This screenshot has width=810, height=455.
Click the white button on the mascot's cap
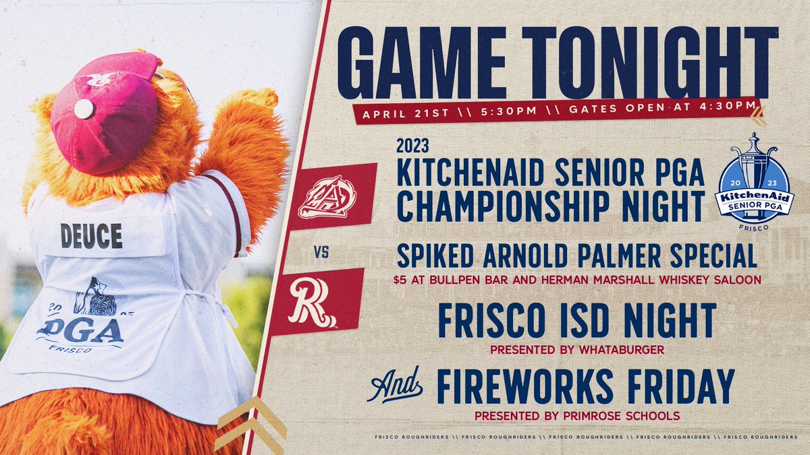pyautogui.click(x=84, y=109)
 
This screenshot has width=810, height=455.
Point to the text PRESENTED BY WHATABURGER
pyautogui.click(x=576, y=351)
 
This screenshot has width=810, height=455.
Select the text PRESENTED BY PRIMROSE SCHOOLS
pyautogui.click(x=576, y=416)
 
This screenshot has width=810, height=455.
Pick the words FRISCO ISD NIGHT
pyautogui.click(x=577, y=322)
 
